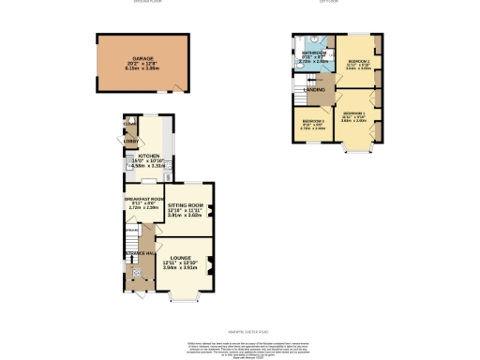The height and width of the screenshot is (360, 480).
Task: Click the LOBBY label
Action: [x=130, y=142]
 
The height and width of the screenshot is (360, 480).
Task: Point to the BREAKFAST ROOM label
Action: [x=144, y=199]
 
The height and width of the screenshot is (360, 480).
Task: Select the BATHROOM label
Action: [x=313, y=52]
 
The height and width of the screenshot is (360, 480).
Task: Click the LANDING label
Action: [x=315, y=90]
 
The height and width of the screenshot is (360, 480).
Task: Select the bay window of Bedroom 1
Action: [x=354, y=146]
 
